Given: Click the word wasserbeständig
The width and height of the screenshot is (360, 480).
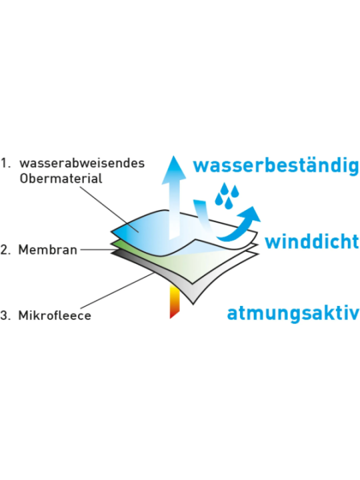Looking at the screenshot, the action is click(x=276, y=166).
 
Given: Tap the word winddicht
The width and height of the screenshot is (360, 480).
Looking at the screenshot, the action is click(x=311, y=241).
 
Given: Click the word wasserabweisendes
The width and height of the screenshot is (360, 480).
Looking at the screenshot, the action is click(x=82, y=163).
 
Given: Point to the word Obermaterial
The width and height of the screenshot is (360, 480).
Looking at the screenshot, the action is click(x=61, y=178).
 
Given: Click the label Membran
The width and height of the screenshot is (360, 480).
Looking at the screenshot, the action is click(x=48, y=250).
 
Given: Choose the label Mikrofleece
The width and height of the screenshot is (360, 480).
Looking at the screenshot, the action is click(x=55, y=315).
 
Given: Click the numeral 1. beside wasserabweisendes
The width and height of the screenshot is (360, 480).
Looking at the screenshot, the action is click(x=5, y=163).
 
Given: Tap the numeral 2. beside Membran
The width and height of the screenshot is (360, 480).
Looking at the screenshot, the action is click(x=5, y=250).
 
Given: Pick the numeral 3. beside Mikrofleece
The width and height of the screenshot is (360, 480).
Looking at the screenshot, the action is click(x=5, y=315).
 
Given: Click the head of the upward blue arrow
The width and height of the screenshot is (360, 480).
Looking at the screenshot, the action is click(x=173, y=168).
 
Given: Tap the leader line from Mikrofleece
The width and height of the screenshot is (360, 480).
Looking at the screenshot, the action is click(x=117, y=291).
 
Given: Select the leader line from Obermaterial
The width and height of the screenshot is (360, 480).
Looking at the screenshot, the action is click(x=109, y=210).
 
